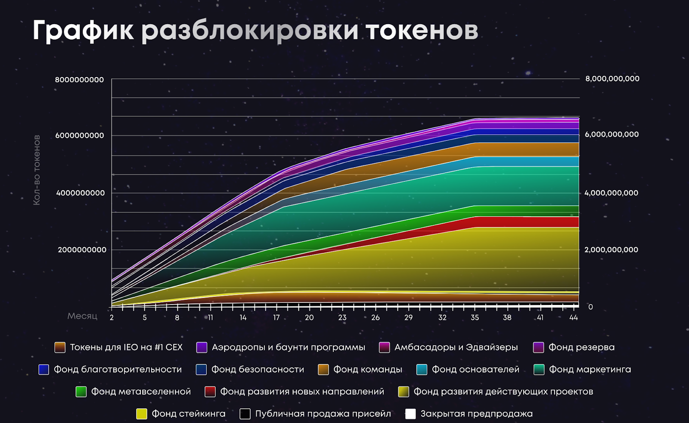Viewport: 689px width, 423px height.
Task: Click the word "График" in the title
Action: (83, 31)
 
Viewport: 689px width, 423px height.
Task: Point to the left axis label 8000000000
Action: (79, 80)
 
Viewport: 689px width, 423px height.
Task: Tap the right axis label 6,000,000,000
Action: (611, 134)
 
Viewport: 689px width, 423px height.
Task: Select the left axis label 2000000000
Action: (82, 250)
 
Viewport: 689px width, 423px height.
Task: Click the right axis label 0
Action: (590, 307)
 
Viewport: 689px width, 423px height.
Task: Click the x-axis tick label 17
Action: (276, 317)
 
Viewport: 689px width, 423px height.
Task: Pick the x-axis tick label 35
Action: (475, 317)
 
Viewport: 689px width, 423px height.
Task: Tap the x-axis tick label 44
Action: (573, 317)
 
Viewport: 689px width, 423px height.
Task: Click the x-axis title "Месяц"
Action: (82, 316)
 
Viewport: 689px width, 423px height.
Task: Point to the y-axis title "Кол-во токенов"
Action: (37, 170)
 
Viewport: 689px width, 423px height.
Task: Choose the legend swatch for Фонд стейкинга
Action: (142, 414)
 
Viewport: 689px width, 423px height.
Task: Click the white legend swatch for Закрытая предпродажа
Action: (410, 414)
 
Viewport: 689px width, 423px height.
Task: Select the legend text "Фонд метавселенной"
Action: (141, 392)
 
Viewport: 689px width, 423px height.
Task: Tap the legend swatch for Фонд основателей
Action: (422, 370)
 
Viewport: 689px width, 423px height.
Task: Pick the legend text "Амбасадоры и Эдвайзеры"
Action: (456, 347)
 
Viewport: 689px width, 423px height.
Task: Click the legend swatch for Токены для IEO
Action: (60, 348)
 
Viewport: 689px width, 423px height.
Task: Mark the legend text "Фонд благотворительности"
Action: (118, 370)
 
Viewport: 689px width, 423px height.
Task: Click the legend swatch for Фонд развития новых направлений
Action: (210, 392)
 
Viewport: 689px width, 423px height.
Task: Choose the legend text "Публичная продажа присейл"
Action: (323, 414)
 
